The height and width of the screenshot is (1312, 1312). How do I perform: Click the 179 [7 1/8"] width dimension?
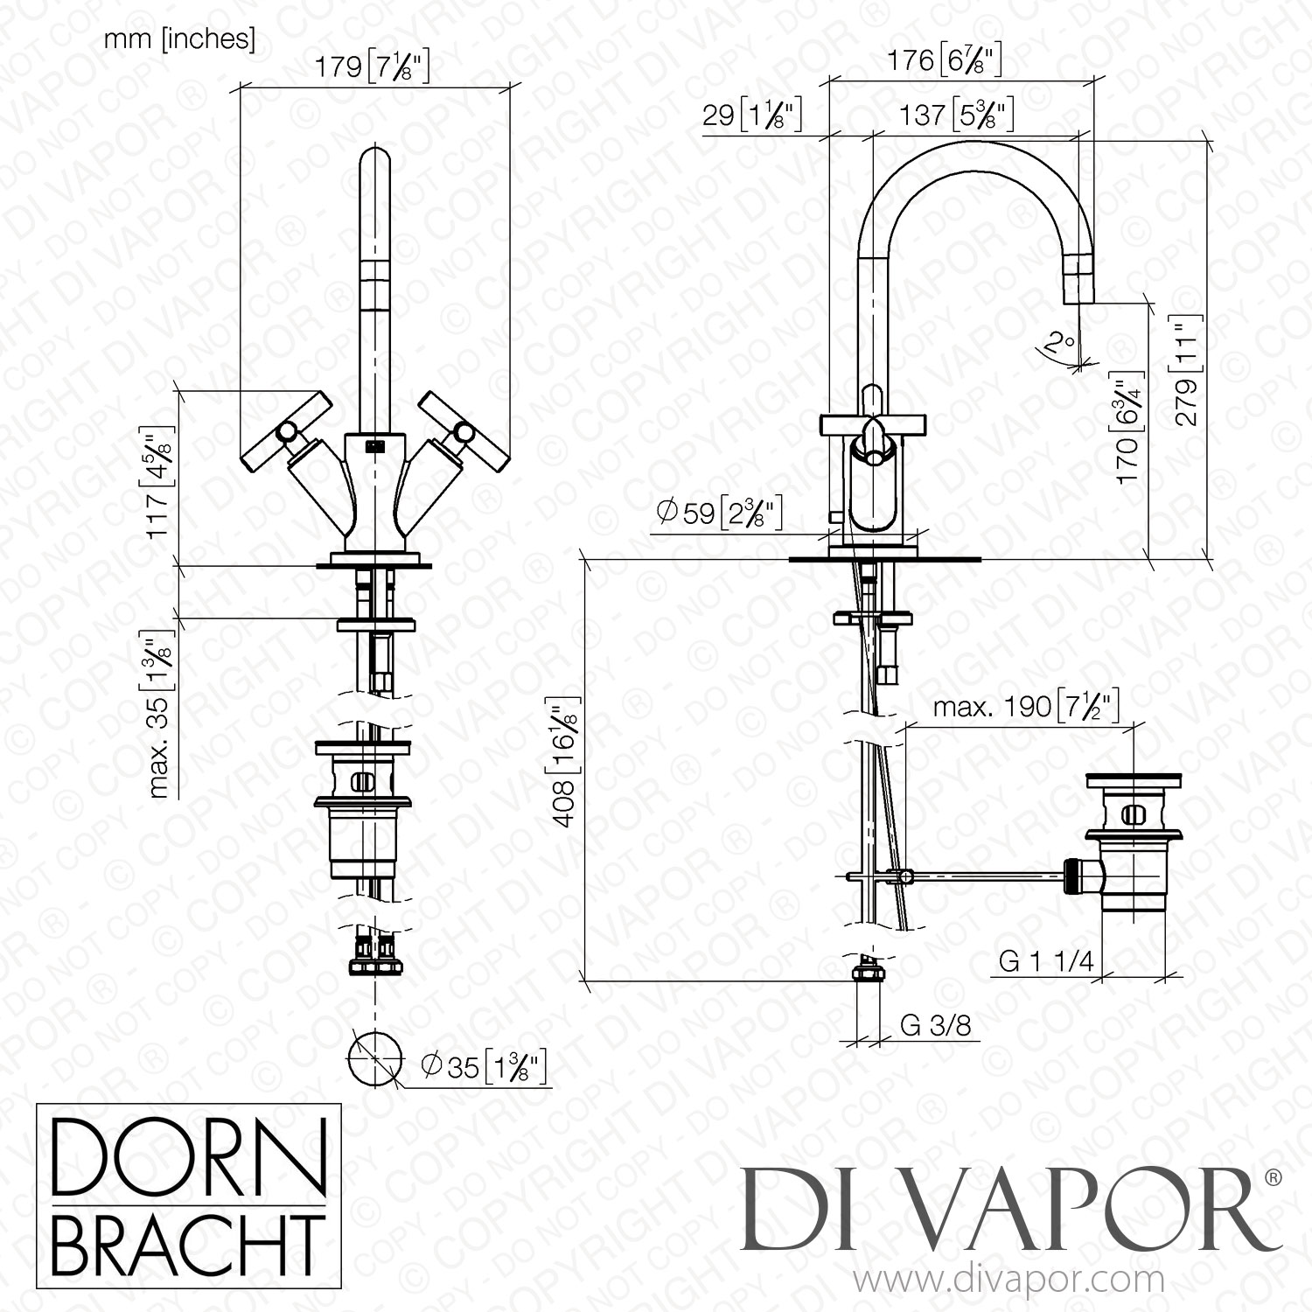[375, 66]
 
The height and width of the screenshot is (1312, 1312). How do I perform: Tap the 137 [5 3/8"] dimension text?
[957, 115]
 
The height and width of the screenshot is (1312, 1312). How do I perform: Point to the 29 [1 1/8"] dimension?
[752, 115]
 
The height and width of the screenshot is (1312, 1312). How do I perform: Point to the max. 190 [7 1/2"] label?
[1027, 706]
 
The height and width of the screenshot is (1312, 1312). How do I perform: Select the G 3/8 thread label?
[935, 1025]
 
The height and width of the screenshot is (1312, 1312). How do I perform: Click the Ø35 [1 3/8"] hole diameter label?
[484, 1065]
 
